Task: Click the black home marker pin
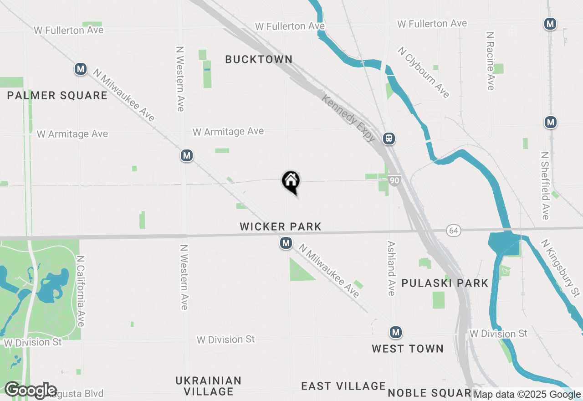pos(291,181)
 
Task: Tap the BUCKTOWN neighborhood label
pos(259,59)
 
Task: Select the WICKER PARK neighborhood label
pos(281,226)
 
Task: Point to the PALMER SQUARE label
pos(57,95)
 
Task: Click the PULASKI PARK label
pos(445,283)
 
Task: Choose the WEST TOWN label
pos(407,349)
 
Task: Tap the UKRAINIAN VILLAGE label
pos(209,386)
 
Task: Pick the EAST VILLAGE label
pos(343,386)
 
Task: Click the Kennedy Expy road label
pos(349,118)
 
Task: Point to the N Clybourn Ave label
pos(424,72)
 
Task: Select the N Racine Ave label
pos(491,61)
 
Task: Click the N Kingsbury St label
pos(561,267)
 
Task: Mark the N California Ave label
pos(81,291)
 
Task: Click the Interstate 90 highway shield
pos(395,180)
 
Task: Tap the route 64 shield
pos(453,231)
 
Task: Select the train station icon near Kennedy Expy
pos(389,138)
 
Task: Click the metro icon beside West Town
pos(396,333)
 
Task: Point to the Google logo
pos(31,391)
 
